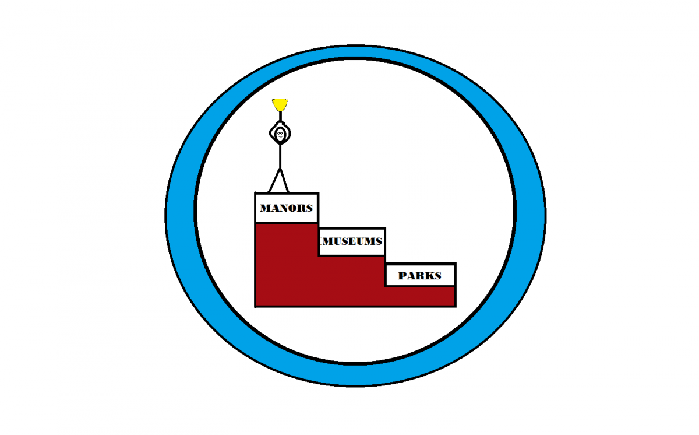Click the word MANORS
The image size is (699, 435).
click(286, 208)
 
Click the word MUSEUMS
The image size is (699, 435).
click(352, 241)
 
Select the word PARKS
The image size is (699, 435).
click(420, 275)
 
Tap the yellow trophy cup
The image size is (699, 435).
click(280, 105)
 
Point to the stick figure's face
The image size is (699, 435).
click(280, 134)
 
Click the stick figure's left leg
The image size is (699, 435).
click(274, 180)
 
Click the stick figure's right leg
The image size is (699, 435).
click(285, 180)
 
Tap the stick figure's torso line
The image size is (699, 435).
click(280, 156)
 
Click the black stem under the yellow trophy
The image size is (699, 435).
click(280, 116)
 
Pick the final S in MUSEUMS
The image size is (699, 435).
click(379, 241)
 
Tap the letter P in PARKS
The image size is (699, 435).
click(403, 275)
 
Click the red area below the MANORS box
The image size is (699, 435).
click(287, 264)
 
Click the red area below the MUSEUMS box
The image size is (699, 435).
click(352, 280)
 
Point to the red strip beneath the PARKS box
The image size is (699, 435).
click(421, 296)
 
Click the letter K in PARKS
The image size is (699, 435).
click(429, 275)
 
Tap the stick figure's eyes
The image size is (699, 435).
click(280, 133)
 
